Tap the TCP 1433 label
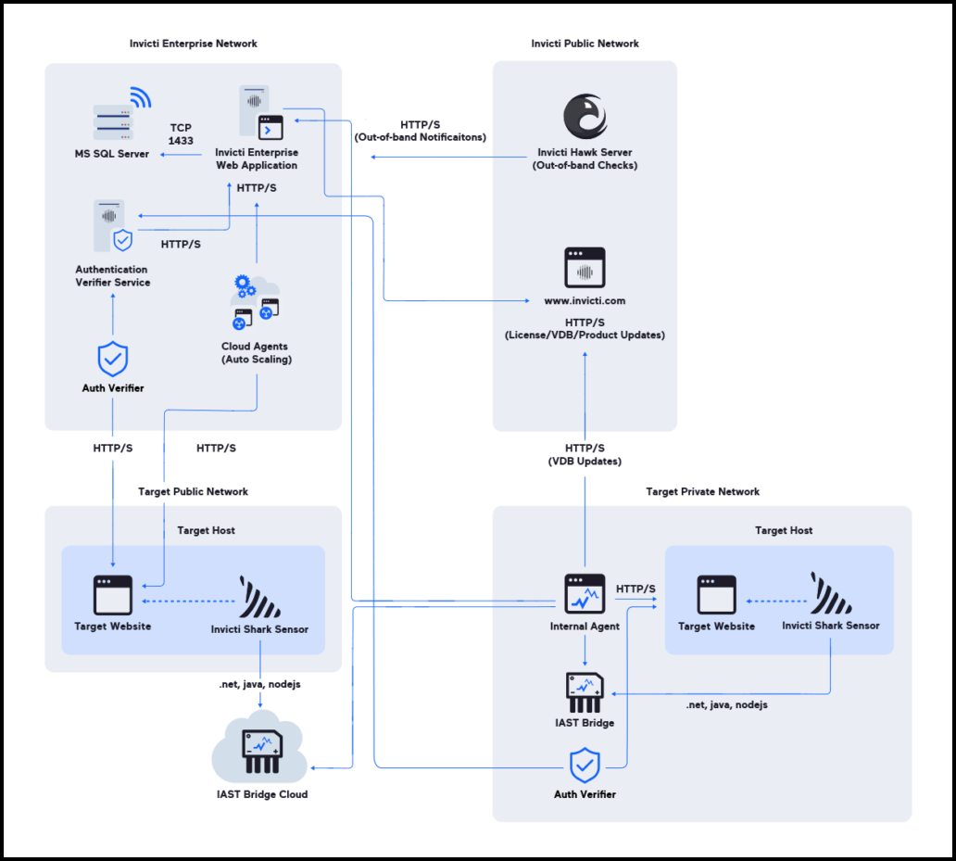point(181,134)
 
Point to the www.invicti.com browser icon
point(585,268)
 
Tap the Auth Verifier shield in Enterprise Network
point(113,358)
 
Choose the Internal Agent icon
point(585,594)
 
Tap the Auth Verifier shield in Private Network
point(585,766)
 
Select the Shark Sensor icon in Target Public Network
point(259,598)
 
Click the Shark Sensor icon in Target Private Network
point(830,594)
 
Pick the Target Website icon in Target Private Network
point(716,595)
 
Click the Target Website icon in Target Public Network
point(113,595)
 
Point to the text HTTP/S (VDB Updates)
point(585,454)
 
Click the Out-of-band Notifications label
point(420,131)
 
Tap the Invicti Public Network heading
point(585,44)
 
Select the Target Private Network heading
point(702,491)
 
